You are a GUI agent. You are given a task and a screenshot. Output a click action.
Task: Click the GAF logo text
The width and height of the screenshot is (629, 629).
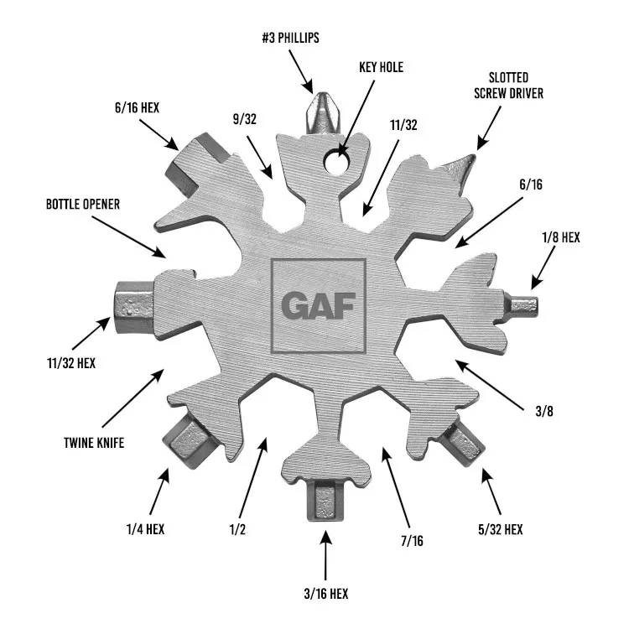(x=319, y=305)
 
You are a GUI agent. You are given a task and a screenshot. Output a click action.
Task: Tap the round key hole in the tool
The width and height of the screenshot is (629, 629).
(x=337, y=161)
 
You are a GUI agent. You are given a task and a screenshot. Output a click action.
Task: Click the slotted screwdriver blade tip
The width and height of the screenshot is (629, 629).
(x=474, y=156)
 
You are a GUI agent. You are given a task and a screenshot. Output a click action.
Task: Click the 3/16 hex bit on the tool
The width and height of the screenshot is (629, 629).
(x=325, y=501)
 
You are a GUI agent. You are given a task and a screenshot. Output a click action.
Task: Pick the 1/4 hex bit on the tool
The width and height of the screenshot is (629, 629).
(x=188, y=441)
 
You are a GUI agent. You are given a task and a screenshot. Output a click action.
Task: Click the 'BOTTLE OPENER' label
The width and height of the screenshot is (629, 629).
(x=83, y=204)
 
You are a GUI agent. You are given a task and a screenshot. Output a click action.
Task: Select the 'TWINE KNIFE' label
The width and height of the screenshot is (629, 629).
(x=94, y=443)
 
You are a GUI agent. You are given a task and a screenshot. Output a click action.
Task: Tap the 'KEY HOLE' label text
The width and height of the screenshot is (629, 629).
(x=381, y=67)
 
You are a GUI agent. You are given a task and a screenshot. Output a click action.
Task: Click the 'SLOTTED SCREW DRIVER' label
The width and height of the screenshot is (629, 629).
(x=509, y=86)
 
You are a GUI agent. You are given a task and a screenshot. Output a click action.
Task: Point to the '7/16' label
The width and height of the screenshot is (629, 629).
(x=412, y=541)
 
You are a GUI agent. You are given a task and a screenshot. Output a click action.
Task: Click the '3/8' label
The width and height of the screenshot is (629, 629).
(x=544, y=411)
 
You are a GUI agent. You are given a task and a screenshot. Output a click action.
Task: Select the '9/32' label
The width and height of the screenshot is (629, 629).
(x=245, y=119)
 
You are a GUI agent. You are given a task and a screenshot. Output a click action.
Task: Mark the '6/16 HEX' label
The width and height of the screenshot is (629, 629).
(x=138, y=107)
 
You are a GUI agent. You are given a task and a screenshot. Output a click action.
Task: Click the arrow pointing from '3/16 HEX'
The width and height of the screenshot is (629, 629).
(x=325, y=555)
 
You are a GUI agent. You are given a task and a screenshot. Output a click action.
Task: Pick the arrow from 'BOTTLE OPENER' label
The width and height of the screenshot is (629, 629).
(x=129, y=237)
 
